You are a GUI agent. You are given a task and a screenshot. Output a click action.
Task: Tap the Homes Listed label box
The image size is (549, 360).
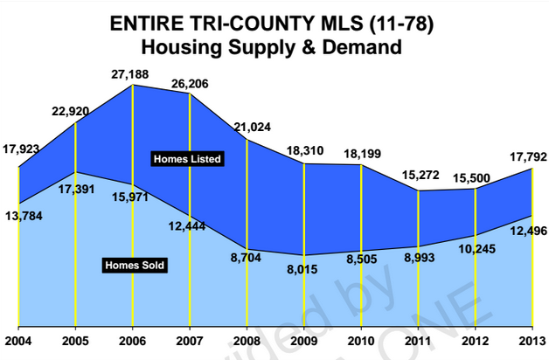[188, 159]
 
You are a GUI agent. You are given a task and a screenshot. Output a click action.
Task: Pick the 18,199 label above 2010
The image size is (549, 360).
[361, 154]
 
